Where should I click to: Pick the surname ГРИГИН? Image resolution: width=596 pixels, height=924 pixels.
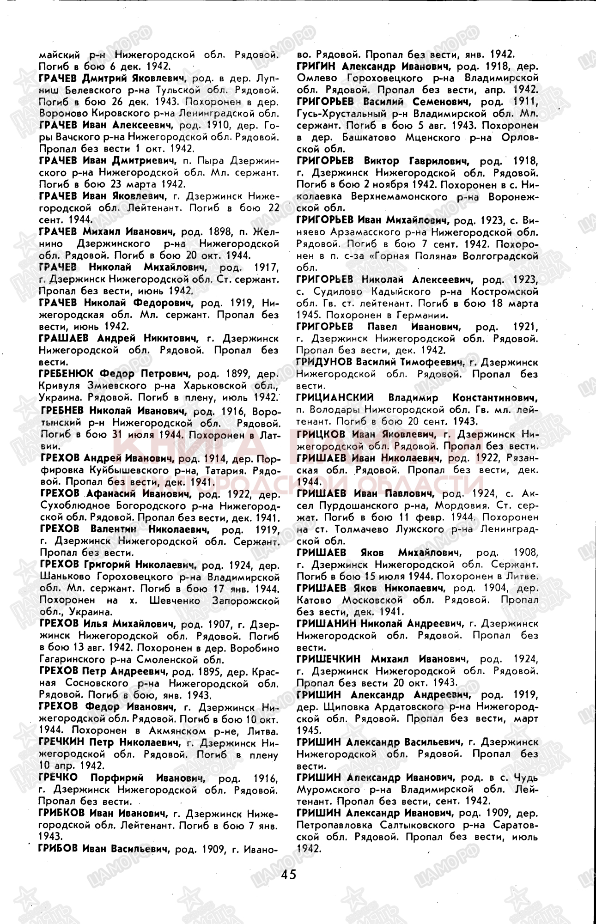(x=317, y=66)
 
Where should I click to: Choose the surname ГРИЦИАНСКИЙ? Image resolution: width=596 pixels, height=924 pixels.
(x=335, y=397)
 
